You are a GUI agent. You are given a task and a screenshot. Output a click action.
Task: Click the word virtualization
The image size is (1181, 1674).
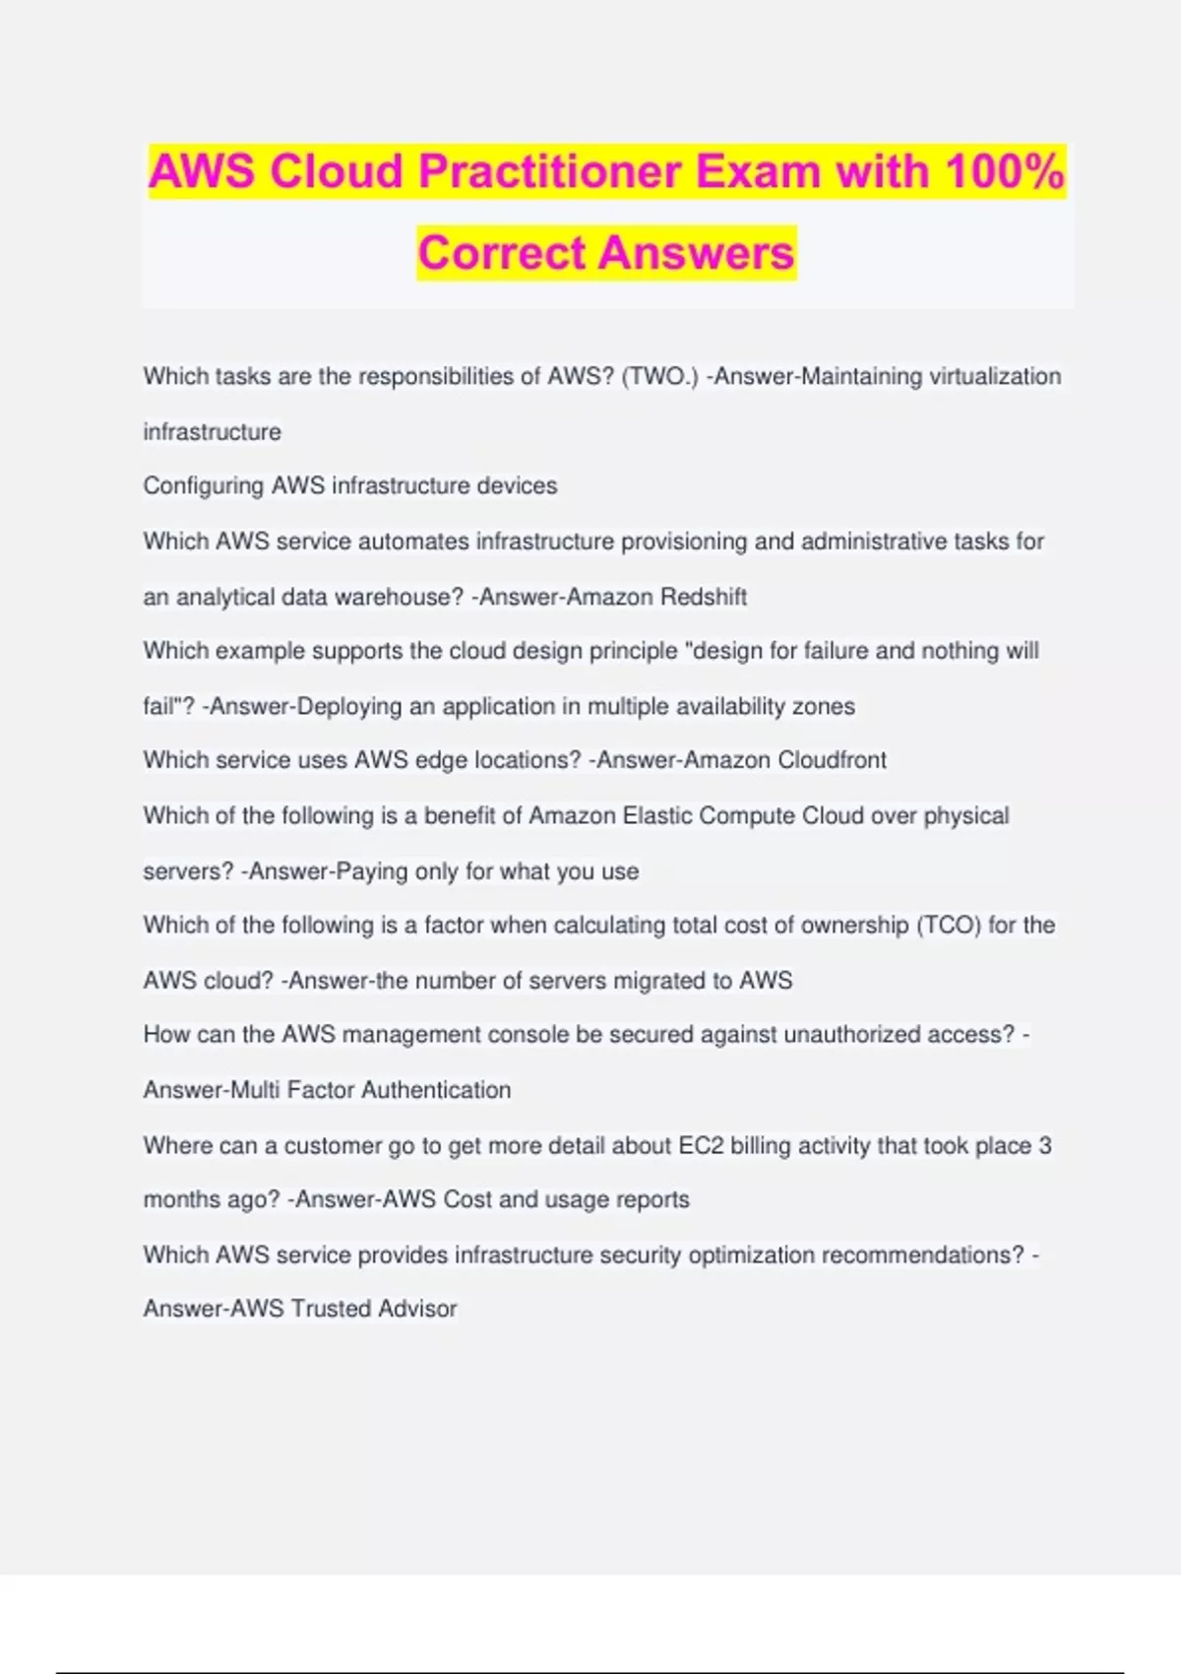[995, 376]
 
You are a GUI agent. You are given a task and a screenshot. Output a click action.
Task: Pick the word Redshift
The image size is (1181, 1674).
[704, 597]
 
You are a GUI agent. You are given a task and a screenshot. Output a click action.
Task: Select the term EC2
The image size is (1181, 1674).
[702, 1145]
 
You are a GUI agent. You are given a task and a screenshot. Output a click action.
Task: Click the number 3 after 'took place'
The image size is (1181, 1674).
[1045, 1145]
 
